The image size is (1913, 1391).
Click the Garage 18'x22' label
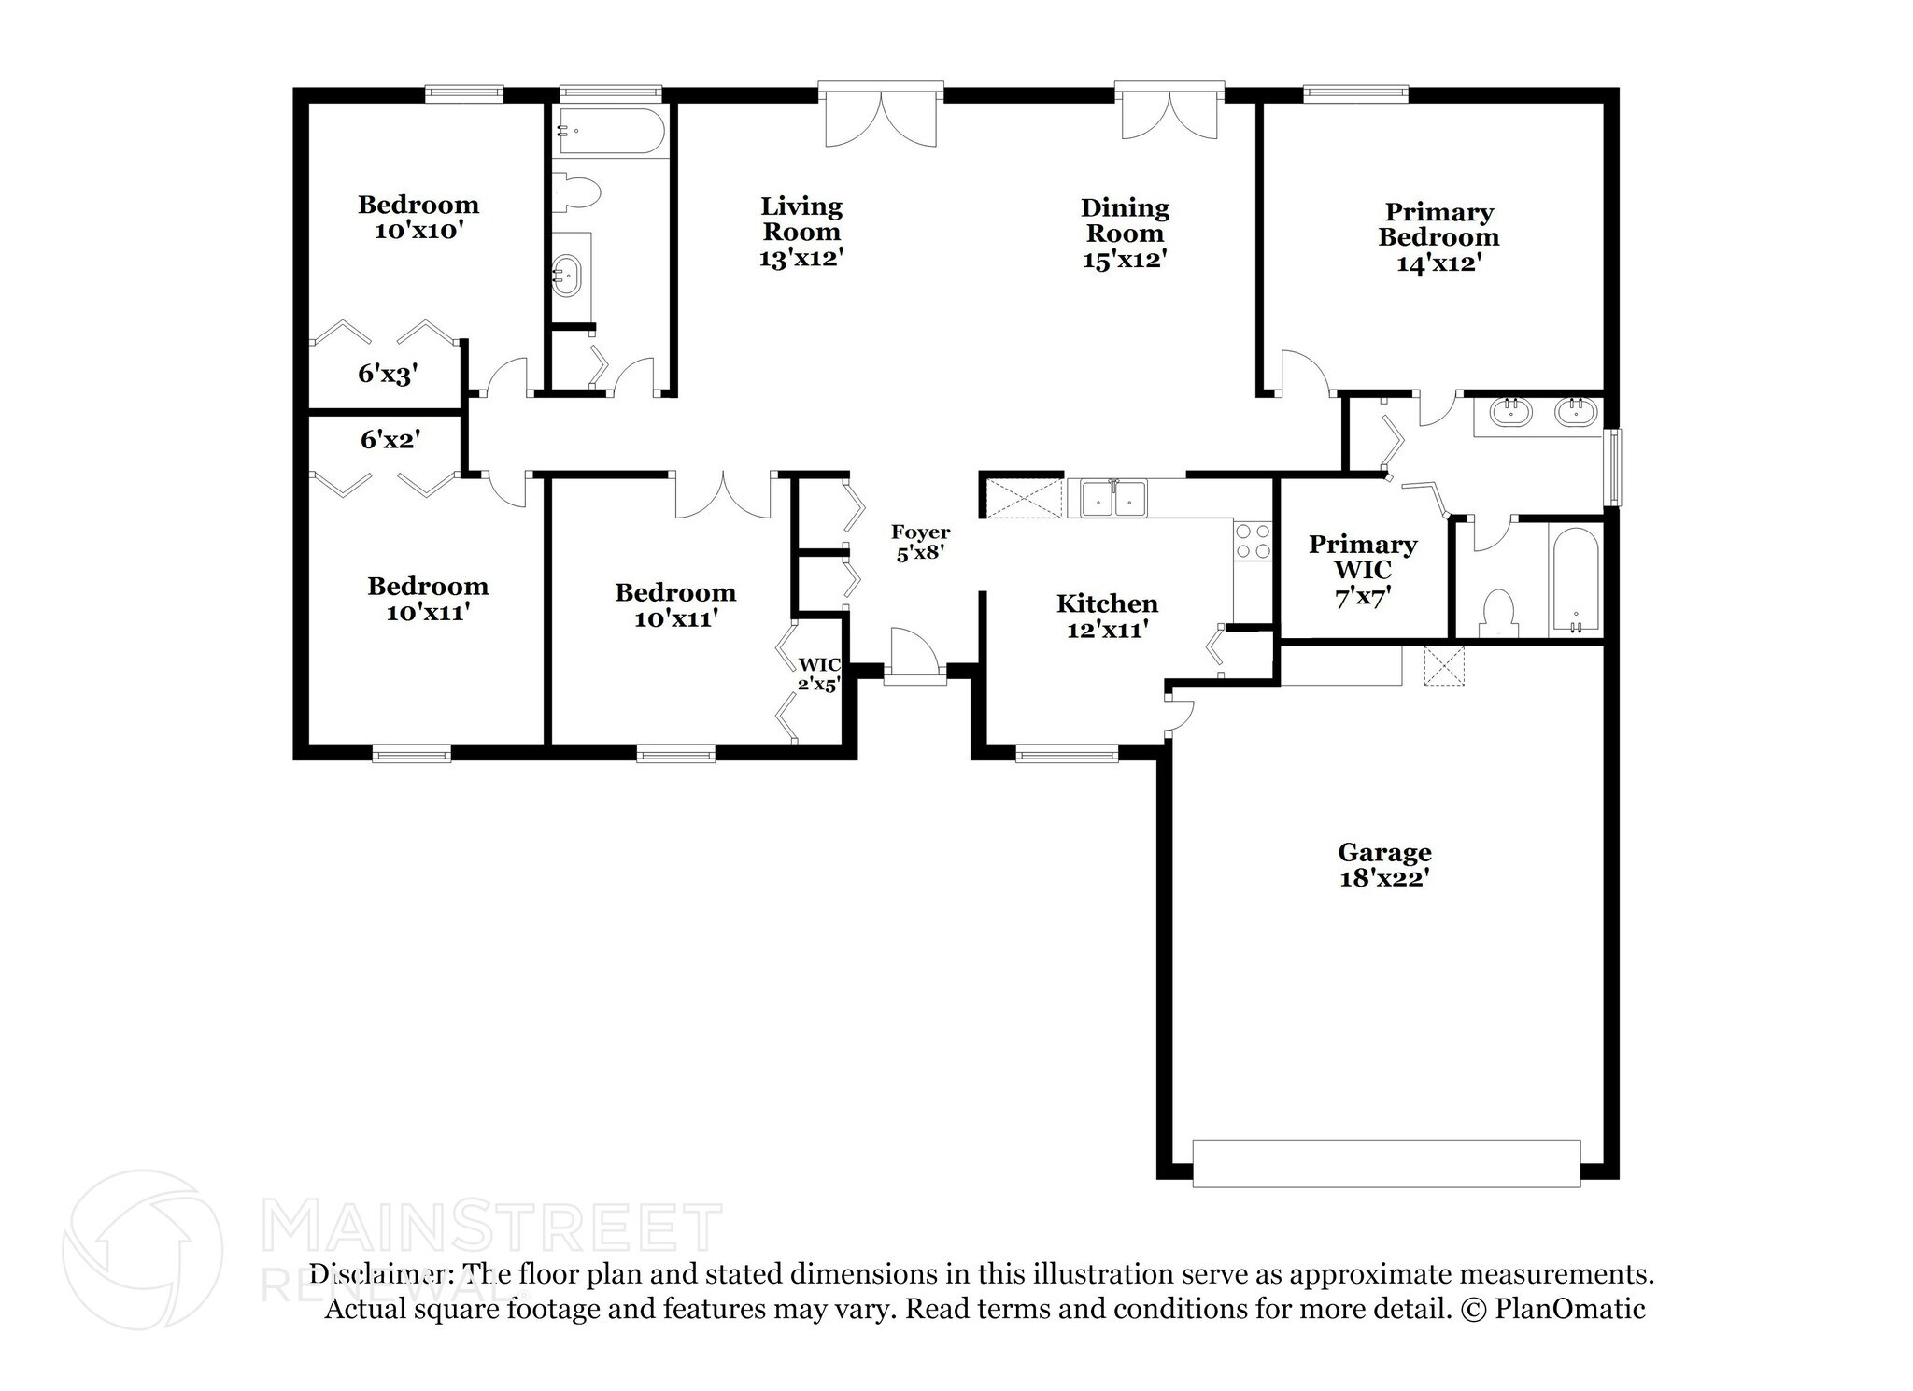[x=1384, y=865]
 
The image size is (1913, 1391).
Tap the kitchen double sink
[x=1113, y=498]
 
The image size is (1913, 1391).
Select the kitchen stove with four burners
[x=1253, y=542]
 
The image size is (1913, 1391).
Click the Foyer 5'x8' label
[x=920, y=543]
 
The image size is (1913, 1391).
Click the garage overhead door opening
[x=1386, y=1163]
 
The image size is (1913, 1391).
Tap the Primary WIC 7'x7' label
[x=1363, y=570]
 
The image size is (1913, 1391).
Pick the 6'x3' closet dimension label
[x=387, y=375]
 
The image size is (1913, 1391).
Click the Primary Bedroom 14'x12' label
[x=1438, y=237]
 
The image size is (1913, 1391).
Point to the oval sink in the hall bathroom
[x=566, y=275]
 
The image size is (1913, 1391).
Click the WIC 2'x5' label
[x=819, y=674]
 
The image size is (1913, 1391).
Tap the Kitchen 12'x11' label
[x=1107, y=617]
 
